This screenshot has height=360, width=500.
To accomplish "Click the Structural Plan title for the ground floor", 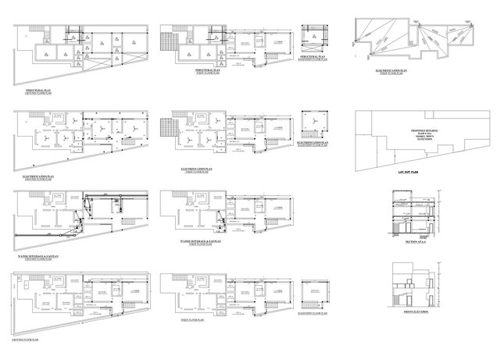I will pyautogui.click(x=37, y=91).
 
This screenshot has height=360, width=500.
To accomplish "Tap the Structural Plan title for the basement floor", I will pyautogui.click(x=312, y=58).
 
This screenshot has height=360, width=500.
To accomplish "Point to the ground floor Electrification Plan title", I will pyautogui.click(x=37, y=177).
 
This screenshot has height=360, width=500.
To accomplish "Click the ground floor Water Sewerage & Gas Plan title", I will pyautogui.click(x=39, y=256).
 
